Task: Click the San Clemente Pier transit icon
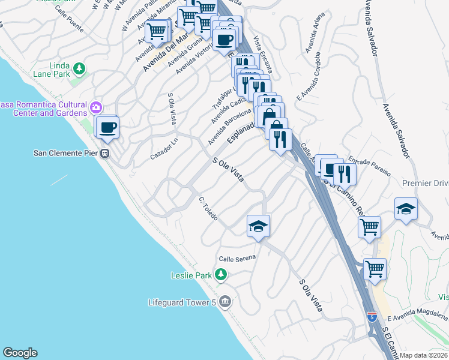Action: [105, 153]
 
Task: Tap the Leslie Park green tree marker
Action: [221, 275]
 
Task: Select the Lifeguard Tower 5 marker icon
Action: [225, 301]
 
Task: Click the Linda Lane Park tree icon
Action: [79, 69]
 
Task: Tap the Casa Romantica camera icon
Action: [95, 108]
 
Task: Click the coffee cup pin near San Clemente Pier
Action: [109, 127]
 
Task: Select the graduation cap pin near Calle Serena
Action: [258, 226]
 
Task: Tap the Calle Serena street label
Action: [237, 257]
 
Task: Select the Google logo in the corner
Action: [20, 353]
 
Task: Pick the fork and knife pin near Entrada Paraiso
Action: [345, 173]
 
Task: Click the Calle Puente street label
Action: [68, 19]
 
